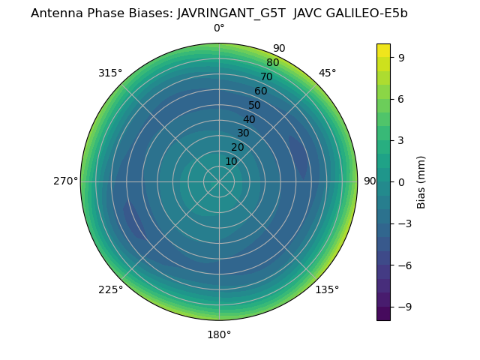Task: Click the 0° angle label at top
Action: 219,28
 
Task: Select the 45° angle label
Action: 327,73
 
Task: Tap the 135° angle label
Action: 327,289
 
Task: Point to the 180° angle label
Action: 219,334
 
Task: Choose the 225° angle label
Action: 110,289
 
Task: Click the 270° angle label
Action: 65,181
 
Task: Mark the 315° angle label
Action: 110,73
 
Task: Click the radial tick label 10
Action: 231,161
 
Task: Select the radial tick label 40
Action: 249,119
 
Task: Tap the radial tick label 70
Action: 266,77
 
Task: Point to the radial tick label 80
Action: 272,63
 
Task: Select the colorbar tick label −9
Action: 403,307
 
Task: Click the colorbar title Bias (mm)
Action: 421,181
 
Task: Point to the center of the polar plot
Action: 219,181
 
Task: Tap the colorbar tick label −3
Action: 403,223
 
